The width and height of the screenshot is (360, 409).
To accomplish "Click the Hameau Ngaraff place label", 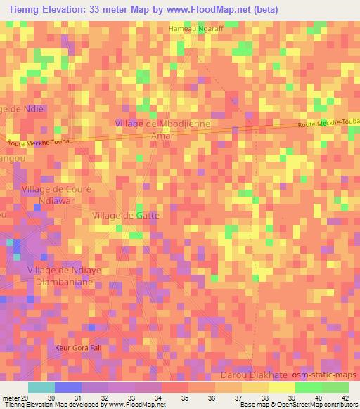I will (x=195, y=29).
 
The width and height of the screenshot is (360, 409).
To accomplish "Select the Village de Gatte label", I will (x=126, y=215).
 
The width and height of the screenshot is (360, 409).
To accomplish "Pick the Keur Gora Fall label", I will (x=78, y=348).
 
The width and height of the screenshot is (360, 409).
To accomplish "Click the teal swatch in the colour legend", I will (x=41, y=387).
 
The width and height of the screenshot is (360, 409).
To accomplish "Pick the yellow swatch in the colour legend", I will (x=282, y=387).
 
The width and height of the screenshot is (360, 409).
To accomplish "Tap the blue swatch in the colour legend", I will (x=68, y=387).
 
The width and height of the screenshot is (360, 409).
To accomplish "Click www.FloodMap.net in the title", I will (x=214, y=10).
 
